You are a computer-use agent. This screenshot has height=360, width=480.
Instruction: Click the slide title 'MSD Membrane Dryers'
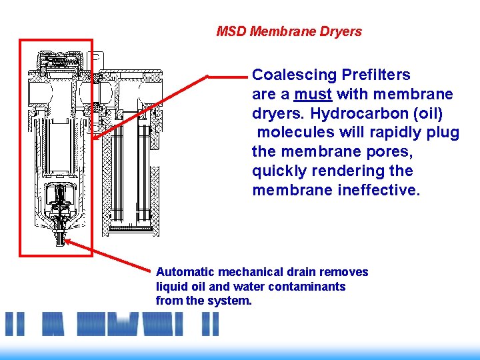(289, 31)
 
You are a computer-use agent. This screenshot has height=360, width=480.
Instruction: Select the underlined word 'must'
(313, 94)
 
